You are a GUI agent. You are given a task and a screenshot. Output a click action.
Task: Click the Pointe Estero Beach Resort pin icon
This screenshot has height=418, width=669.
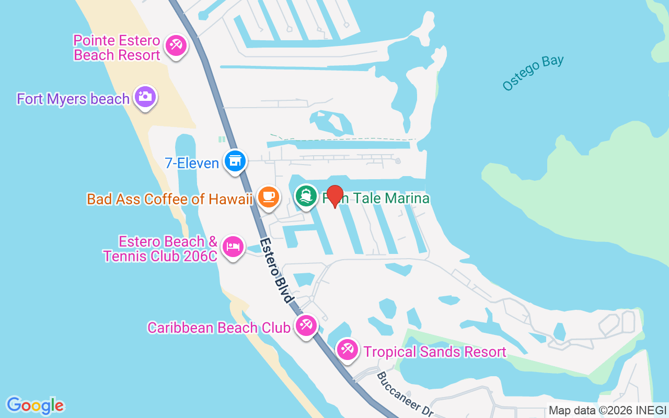pyautogui.click(x=176, y=45)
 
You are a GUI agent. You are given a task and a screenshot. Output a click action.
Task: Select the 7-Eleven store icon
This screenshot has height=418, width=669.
pyautogui.click(x=235, y=161)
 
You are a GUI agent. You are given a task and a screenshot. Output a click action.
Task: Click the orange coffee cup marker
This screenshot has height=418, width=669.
pyautogui.click(x=269, y=197)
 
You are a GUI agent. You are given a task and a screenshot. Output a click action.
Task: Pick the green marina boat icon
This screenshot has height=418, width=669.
pyautogui.click(x=306, y=196)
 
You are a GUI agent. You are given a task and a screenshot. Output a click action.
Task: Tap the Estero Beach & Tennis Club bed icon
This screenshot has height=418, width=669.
pyautogui.click(x=233, y=246)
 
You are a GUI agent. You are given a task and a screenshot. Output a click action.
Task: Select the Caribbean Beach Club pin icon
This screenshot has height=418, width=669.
pyautogui.click(x=306, y=326)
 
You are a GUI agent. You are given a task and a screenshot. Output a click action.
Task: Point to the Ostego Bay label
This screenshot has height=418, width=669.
pyautogui.click(x=533, y=73)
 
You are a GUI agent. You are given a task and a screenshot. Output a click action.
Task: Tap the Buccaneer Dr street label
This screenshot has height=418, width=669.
pyautogui.click(x=405, y=394)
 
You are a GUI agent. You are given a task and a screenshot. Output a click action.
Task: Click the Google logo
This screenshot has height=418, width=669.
pyautogui.click(x=36, y=405)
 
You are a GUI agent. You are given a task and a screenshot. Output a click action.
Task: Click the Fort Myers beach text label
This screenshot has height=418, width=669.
pyautogui.click(x=73, y=99)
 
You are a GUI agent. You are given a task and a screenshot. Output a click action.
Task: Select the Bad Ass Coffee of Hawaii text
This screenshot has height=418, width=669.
pyautogui.click(x=170, y=199)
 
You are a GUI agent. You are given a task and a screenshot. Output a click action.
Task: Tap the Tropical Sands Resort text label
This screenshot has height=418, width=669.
pyautogui.click(x=435, y=352)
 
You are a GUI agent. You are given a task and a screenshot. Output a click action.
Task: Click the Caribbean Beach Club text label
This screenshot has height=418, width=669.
pyautogui.click(x=218, y=328)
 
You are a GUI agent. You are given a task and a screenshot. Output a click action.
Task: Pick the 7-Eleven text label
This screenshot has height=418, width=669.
pyautogui.click(x=192, y=163)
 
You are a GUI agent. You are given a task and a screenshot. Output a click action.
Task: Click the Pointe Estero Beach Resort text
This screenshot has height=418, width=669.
pyautogui.click(x=117, y=48)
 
